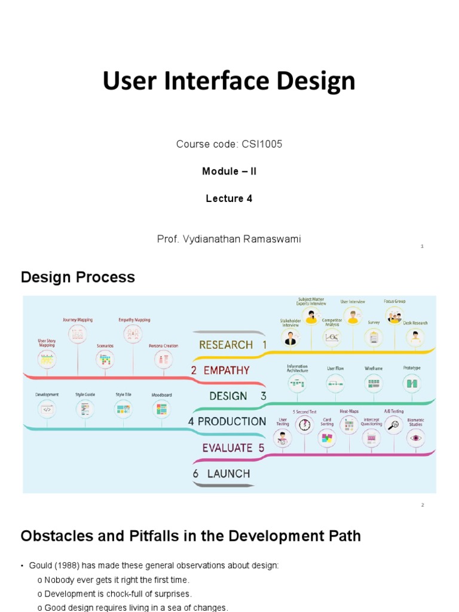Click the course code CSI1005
click(262, 144)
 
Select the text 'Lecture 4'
click(229, 198)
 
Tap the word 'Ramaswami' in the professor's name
click(273, 239)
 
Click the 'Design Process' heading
click(78, 277)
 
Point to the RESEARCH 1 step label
click(233, 345)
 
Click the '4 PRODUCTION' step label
click(227, 421)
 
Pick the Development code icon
click(47, 409)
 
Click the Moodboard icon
click(161, 409)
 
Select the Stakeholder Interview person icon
click(290, 339)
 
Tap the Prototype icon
click(412, 384)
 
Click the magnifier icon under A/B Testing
click(393, 426)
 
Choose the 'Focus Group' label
click(394, 302)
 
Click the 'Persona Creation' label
click(163, 345)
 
